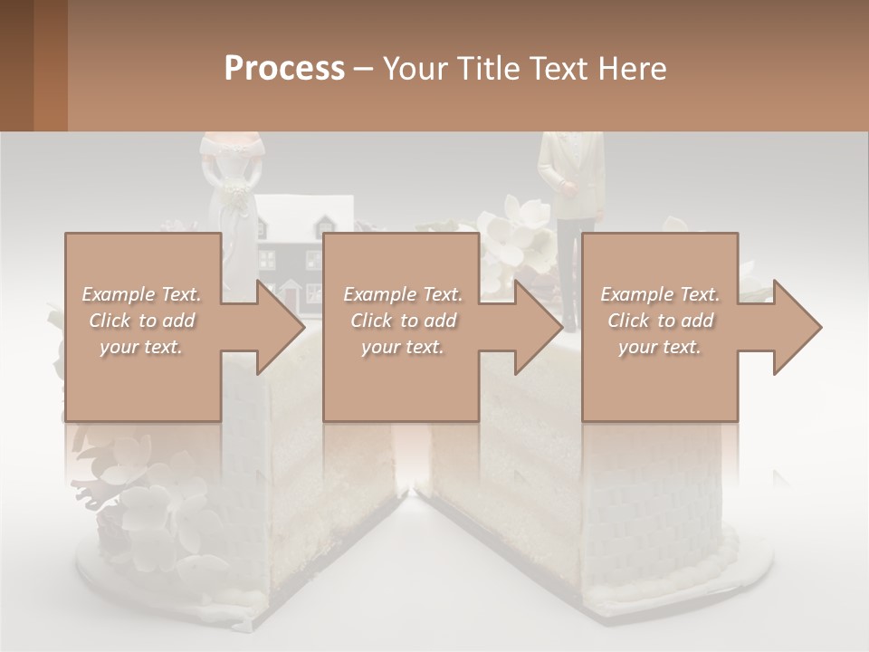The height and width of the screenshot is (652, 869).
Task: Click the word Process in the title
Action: (x=284, y=69)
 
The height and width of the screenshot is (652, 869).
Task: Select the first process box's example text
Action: (x=141, y=321)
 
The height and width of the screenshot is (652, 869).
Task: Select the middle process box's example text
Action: (x=403, y=321)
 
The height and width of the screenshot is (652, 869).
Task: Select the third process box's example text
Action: (x=660, y=321)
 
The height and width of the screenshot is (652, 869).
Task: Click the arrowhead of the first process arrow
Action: (x=282, y=327)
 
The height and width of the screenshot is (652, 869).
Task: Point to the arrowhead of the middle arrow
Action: (x=540, y=327)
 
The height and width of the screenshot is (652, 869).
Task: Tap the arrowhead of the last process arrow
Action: (x=798, y=327)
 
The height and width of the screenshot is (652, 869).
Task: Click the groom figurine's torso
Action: (x=570, y=177)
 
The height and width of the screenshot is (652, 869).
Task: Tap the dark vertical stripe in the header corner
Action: (x=50, y=65)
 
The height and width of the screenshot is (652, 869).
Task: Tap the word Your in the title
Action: (x=412, y=69)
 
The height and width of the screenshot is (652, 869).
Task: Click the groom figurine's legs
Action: (x=569, y=272)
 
